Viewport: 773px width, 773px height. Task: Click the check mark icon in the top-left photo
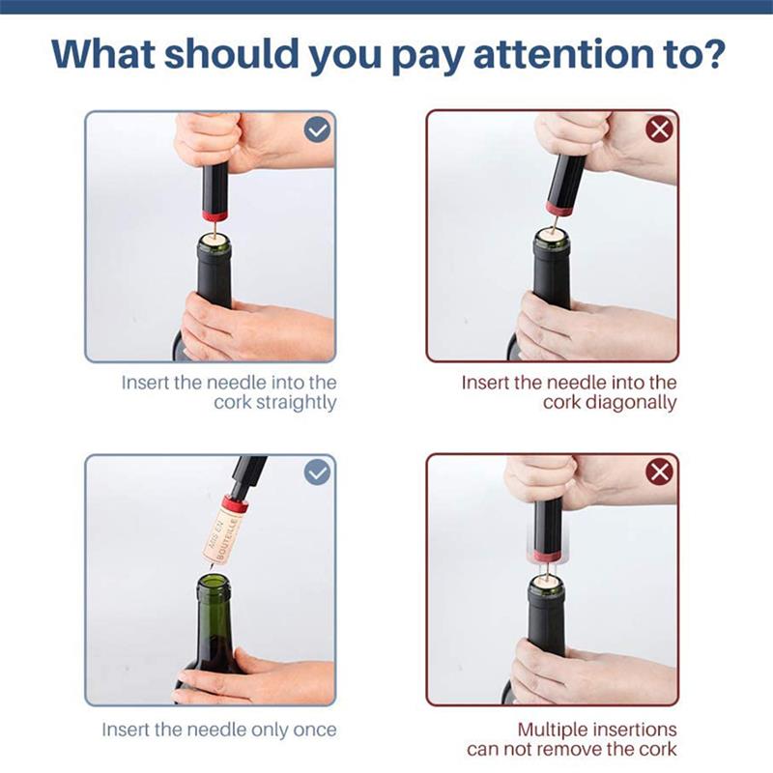[317, 130]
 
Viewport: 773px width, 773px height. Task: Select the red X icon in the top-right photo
[660, 130]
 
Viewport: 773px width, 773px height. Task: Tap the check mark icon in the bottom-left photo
[317, 472]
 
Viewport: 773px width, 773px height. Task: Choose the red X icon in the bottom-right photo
[660, 472]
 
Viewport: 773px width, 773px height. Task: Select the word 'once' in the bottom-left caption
[315, 730]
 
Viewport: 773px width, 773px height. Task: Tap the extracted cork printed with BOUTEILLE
[221, 532]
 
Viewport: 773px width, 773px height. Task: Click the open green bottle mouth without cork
[213, 583]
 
